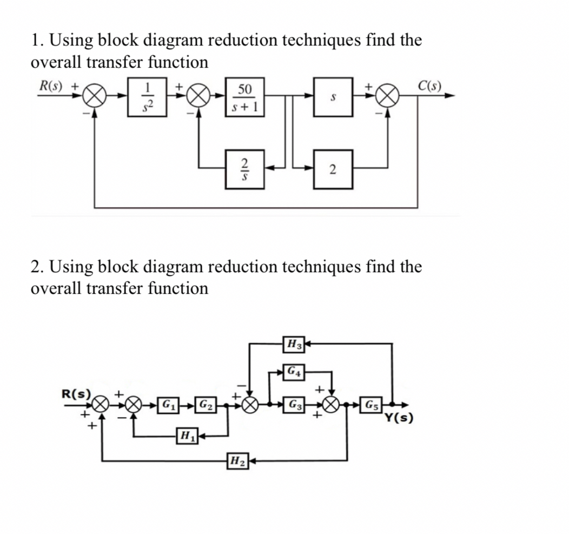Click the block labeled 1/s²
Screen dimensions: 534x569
tap(146, 97)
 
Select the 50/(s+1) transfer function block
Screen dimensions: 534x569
tap(245, 97)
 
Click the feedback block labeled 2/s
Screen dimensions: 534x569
tap(245, 169)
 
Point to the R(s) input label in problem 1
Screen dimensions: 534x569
tap(50, 85)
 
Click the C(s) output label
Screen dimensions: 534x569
tap(430, 85)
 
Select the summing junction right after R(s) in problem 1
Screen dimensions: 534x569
tap(95, 97)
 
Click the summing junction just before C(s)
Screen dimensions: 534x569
tap(388, 97)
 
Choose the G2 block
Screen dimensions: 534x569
tap(204, 404)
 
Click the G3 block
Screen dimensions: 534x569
tap(295, 404)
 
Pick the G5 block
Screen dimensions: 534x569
tap(372, 404)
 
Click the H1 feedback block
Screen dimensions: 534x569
tap(186, 434)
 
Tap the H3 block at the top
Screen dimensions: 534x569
tap(295, 342)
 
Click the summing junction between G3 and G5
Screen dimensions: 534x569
tap(333, 404)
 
